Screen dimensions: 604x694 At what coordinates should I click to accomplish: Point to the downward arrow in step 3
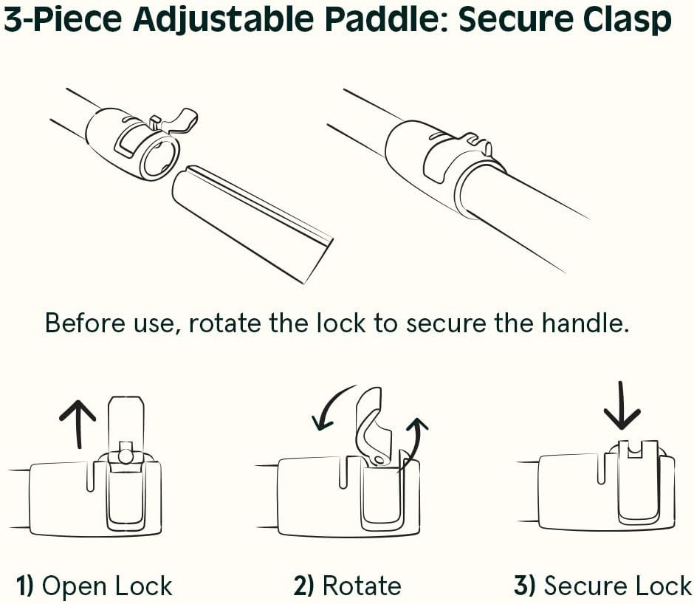point(622,406)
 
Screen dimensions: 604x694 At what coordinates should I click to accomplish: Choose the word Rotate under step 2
point(362,587)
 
